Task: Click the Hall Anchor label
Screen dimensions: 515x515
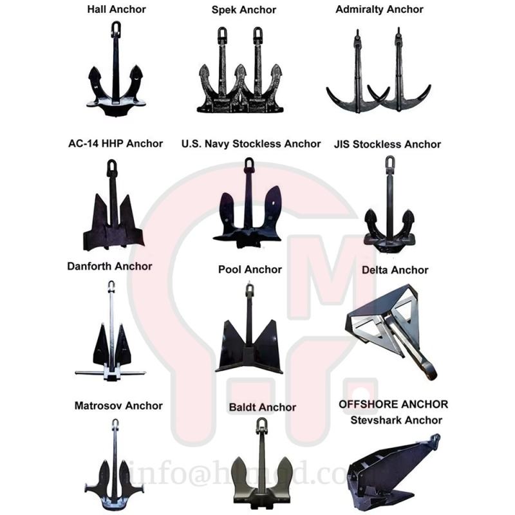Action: (116, 10)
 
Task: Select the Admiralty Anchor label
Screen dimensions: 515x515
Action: (379, 10)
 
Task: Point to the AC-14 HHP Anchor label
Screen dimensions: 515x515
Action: (115, 143)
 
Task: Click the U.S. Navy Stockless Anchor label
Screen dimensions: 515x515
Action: (251, 144)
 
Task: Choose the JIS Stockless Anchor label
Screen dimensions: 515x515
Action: (388, 144)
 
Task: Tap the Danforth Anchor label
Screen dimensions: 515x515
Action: (109, 266)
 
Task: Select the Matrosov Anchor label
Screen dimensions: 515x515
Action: (118, 406)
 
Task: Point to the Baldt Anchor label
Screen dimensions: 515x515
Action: (263, 407)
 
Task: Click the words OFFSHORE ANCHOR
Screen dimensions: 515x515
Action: (393, 404)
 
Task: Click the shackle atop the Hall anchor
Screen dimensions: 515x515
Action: (116, 28)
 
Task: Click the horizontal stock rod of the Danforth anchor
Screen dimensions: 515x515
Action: (110, 372)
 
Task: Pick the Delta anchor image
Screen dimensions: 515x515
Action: (393, 328)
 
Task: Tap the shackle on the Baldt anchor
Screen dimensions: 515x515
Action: (262, 426)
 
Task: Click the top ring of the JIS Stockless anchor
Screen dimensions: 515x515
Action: (390, 162)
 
